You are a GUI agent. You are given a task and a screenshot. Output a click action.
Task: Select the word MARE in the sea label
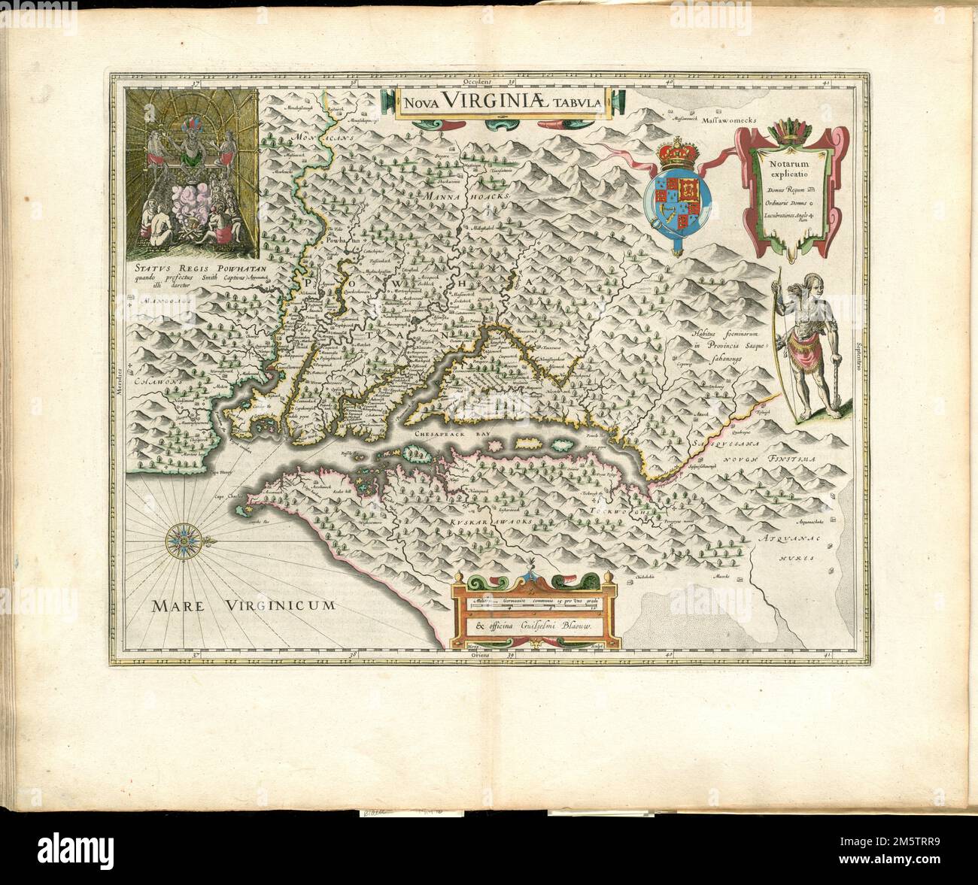pos(178,606)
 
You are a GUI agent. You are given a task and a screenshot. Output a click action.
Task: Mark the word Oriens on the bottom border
pos(476,655)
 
